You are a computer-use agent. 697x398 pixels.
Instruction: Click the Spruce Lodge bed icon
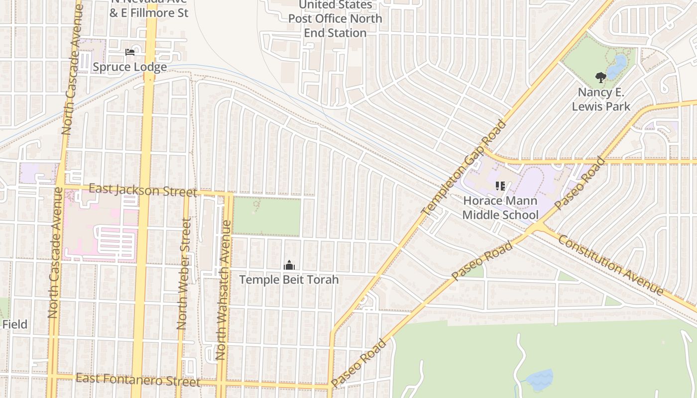coord(130,52)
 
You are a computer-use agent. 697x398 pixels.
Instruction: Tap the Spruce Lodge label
coord(130,67)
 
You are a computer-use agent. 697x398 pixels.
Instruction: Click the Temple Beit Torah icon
coord(289,266)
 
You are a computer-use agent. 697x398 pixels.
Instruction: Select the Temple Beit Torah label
coord(289,280)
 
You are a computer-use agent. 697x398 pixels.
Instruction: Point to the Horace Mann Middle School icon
coord(500,187)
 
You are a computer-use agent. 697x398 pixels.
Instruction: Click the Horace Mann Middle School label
coord(500,208)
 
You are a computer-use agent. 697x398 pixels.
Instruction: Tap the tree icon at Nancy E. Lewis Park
coord(601,78)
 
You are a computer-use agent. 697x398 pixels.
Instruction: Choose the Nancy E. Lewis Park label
coord(601,99)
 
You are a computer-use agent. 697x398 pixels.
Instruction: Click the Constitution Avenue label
coord(611,265)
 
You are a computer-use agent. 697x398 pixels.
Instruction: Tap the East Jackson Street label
coord(143,191)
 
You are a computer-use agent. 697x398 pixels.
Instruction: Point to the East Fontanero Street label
coord(138,380)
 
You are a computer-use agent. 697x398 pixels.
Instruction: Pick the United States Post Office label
coord(336,19)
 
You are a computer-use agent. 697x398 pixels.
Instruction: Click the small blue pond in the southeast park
coord(540,380)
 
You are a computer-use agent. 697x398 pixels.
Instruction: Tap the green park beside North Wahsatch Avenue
coord(267,216)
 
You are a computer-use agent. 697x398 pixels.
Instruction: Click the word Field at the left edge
coord(14,324)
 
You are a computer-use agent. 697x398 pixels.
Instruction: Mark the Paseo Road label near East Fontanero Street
coord(358,364)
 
